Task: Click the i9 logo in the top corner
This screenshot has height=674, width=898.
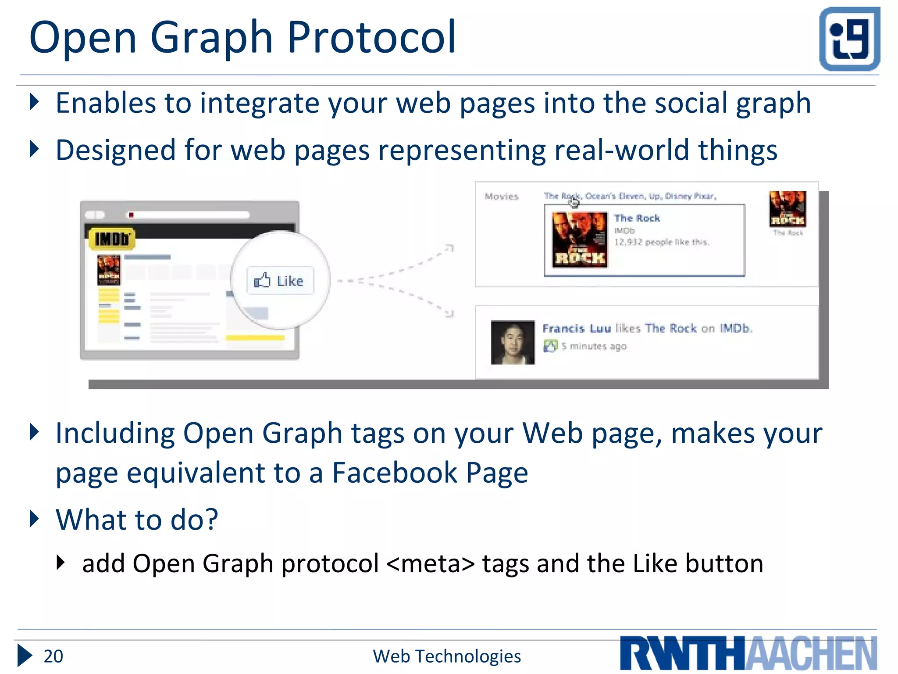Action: tap(849, 39)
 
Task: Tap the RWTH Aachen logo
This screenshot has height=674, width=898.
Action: tap(748, 653)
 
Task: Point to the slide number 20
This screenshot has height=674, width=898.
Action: tap(53, 656)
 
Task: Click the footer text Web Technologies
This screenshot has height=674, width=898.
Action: tap(446, 656)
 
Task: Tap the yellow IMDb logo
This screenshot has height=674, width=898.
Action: tap(112, 239)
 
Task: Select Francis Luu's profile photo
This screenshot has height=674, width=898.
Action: tap(513, 342)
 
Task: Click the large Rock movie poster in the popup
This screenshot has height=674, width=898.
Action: tap(580, 240)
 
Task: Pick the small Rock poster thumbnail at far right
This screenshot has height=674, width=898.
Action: tap(788, 209)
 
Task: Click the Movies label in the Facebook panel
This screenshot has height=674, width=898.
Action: tap(501, 197)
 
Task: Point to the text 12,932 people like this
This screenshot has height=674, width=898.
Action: tap(661, 242)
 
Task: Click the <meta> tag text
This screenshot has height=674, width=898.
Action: tap(431, 563)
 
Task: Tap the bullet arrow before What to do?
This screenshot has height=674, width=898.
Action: tap(34, 519)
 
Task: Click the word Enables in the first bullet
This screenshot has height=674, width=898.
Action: tap(106, 104)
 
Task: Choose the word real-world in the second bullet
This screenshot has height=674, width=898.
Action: tap(622, 150)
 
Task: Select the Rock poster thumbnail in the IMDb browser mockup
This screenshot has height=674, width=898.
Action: tap(109, 270)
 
